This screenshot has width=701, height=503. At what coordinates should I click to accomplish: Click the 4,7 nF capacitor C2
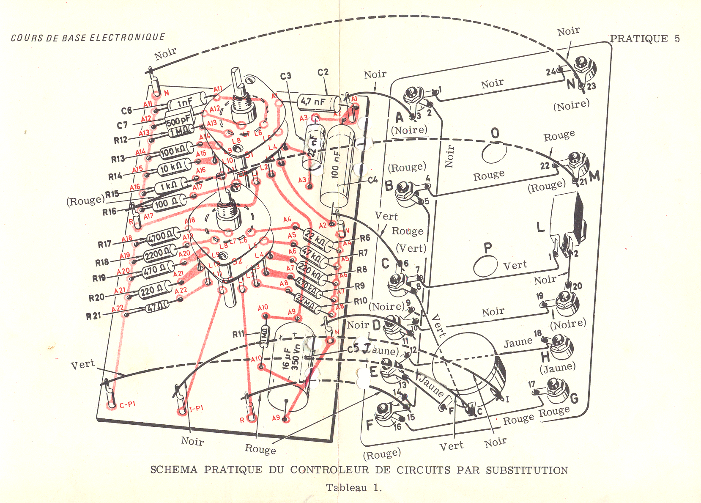click(x=318, y=102)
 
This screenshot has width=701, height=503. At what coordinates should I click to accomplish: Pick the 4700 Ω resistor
click(x=164, y=237)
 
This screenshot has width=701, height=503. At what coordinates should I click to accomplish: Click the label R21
click(x=94, y=316)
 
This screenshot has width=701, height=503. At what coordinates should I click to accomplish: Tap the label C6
click(x=127, y=111)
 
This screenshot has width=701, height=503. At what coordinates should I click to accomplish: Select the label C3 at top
click(x=286, y=76)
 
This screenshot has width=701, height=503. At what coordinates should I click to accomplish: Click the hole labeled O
click(x=494, y=153)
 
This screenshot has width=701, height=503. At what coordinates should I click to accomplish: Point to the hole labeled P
click(x=485, y=266)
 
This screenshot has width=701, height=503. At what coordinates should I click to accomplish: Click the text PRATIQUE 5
click(x=645, y=39)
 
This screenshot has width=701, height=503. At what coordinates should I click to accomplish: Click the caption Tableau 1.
click(x=353, y=488)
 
